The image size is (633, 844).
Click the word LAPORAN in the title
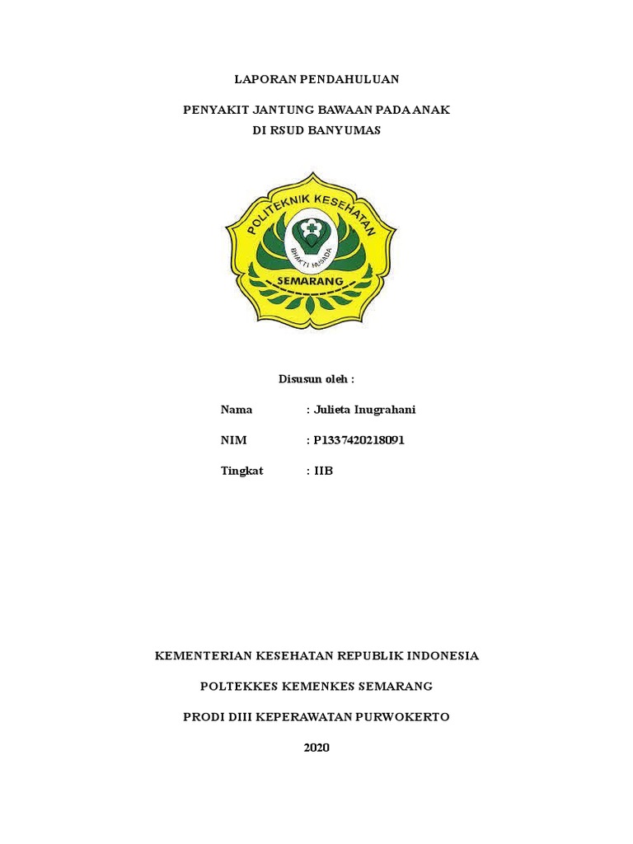(261, 79)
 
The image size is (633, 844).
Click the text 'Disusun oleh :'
(316, 379)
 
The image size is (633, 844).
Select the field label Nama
(237, 410)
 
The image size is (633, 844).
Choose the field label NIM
(234, 440)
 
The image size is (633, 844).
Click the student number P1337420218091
(359, 440)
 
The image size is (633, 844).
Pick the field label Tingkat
(242, 471)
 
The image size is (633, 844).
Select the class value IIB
(324, 471)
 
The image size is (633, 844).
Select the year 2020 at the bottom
(316, 747)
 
